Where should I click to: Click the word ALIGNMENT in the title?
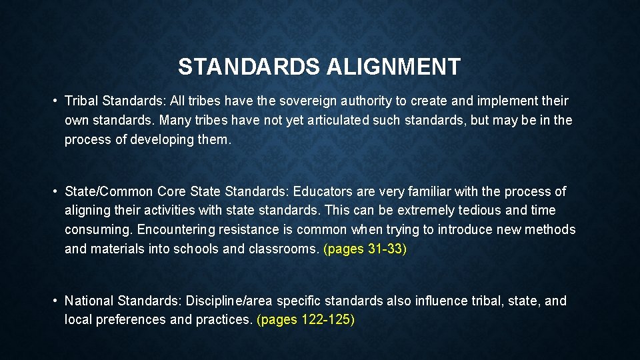point(393,67)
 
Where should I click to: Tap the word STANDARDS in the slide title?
point(250,67)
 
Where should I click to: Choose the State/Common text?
point(109,192)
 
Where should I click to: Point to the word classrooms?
point(283,248)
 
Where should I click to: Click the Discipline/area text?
point(231,301)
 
